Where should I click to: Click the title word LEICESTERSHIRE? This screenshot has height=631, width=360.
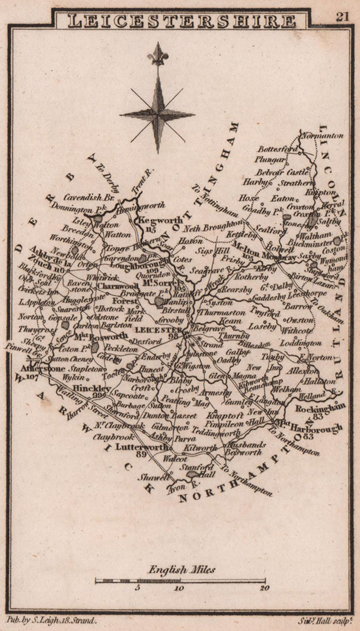181,21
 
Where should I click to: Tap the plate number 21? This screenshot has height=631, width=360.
342,17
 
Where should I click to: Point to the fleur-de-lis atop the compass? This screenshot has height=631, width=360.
158,55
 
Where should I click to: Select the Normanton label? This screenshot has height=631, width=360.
323,136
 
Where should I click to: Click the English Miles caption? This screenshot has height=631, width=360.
181,569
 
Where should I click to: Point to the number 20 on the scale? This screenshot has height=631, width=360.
265,588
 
